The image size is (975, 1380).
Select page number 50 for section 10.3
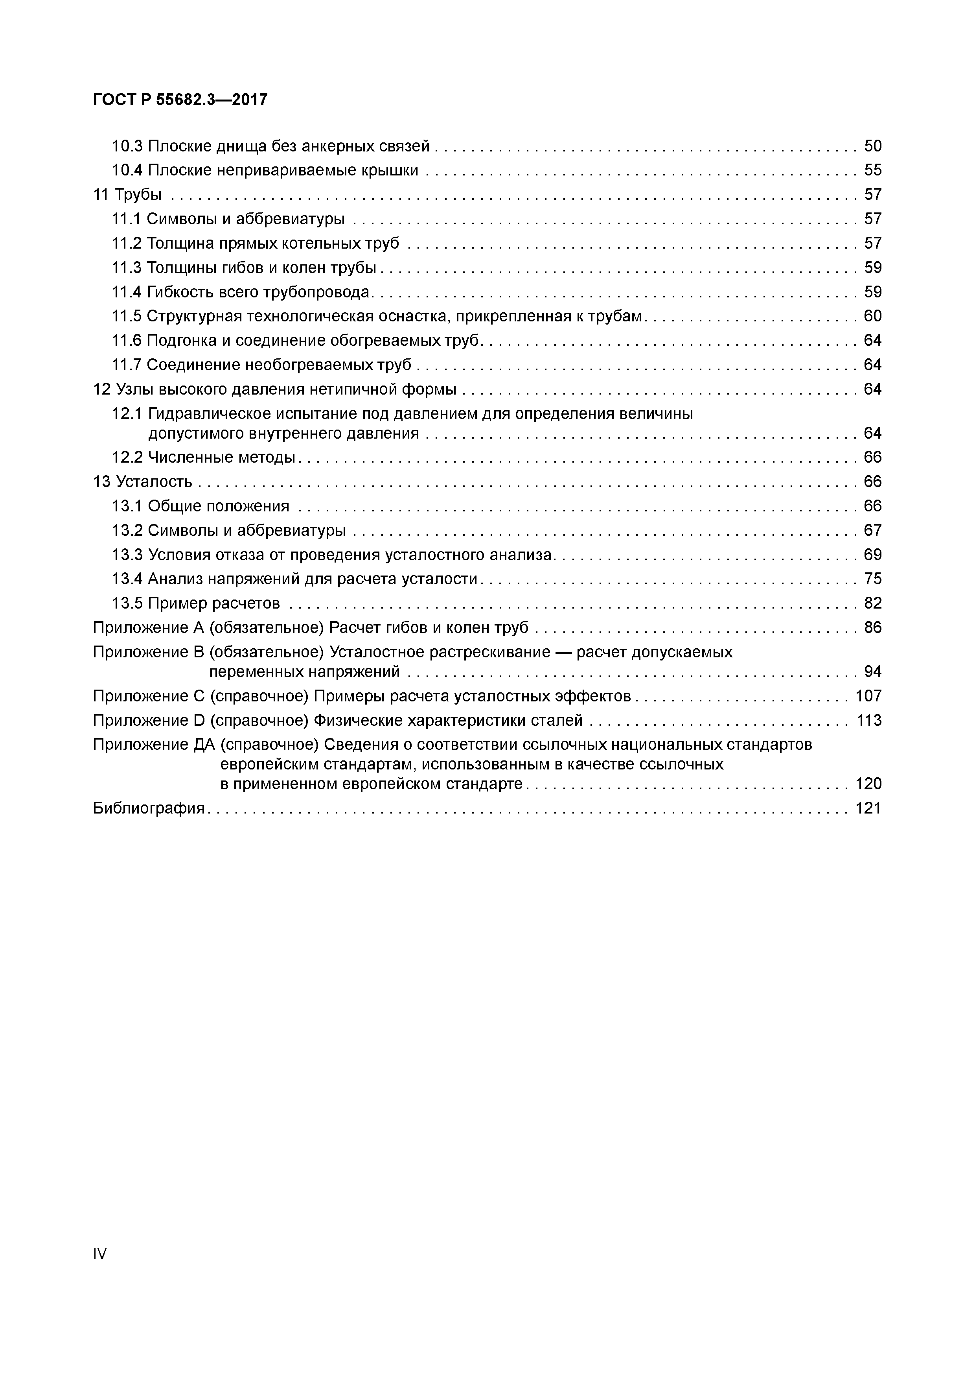click(872, 146)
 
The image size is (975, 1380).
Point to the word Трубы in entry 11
click(138, 195)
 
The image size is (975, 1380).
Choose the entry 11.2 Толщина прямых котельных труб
click(255, 244)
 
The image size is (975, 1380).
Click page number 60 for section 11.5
click(872, 316)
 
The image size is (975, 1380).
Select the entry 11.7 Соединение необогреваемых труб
click(261, 365)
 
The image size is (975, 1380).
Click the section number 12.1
click(127, 414)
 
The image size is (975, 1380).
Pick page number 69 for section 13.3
click(872, 555)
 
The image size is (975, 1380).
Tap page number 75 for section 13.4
click(872, 579)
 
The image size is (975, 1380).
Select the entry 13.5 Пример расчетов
click(196, 603)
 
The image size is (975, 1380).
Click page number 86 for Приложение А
click(872, 627)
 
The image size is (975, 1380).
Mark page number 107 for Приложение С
click(868, 696)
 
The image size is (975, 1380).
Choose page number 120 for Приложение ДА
click(868, 784)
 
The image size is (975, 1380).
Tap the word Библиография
click(149, 808)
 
